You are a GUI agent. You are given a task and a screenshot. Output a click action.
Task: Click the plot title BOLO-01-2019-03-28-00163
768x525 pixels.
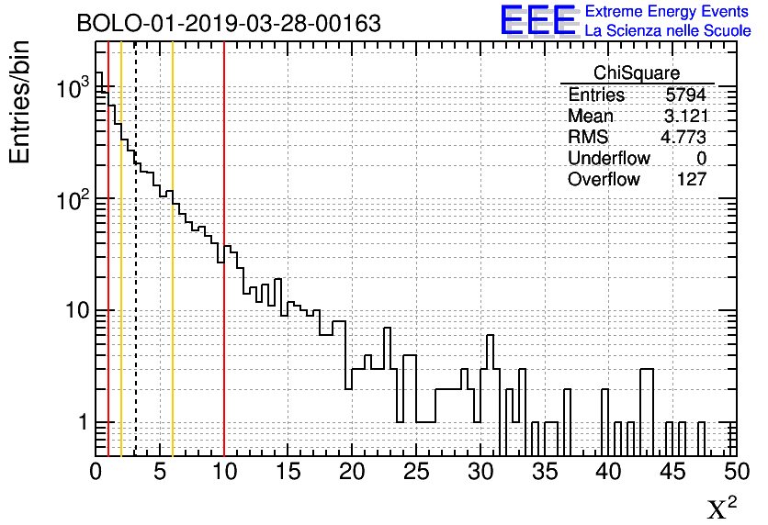click(229, 23)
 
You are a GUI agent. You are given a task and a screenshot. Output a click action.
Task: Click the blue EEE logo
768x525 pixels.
click(538, 20)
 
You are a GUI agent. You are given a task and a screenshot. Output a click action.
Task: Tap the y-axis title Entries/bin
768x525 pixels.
click(21, 102)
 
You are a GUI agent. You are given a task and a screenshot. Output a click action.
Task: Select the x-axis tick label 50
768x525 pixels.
click(735, 473)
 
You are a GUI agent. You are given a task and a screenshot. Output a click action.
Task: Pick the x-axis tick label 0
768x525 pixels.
click(96, 473)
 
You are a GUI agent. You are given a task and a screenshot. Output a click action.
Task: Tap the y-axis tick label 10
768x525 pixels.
click(73, 311)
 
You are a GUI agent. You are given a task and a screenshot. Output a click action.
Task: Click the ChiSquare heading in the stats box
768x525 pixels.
click(637, 73)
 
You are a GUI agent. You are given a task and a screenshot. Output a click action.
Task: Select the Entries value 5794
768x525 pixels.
click(686, 95)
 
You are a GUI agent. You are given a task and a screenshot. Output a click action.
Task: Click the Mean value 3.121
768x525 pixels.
click(686, 117)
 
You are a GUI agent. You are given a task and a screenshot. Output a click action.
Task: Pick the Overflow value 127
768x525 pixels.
click(691, 180)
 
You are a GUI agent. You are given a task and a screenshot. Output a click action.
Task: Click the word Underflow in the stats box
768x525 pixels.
click(609, 159)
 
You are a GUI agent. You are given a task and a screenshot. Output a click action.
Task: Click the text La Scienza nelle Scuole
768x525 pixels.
click(668, 31)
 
